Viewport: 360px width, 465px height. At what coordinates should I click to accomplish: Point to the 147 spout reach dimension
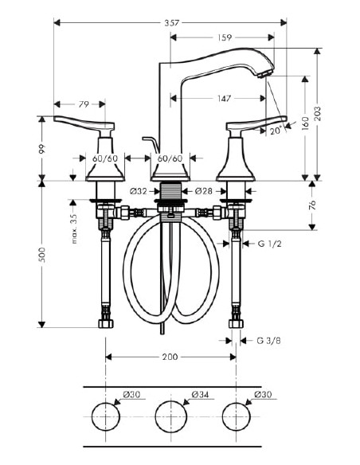click(224, 99)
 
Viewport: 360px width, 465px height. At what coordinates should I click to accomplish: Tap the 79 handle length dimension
click(84, 104)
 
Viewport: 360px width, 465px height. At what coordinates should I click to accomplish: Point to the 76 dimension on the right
click(312, 205)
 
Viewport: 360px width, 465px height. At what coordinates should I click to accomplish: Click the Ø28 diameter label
click(202, 191)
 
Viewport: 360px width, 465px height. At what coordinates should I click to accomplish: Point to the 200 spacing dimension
click(170, 358)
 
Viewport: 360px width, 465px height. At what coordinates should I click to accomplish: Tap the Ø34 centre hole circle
click(170, 416)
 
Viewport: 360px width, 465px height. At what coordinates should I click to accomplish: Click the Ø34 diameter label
click(201, 394)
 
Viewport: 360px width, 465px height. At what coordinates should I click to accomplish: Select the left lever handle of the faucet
click(84, 123)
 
